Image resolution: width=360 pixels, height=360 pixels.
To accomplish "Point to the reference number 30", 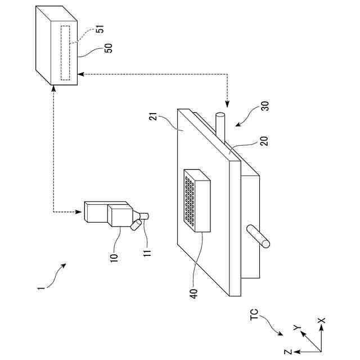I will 264,108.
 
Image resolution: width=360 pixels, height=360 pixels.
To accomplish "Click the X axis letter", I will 321,320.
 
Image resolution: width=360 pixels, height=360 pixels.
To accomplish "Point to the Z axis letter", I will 287,352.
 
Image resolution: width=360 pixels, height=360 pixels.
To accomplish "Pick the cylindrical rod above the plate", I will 220,127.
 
